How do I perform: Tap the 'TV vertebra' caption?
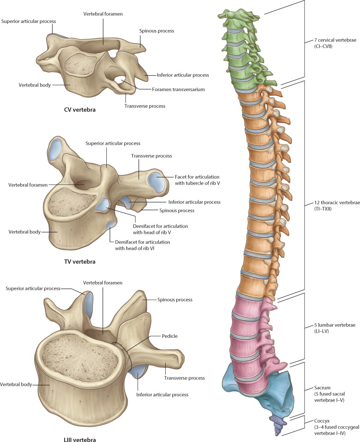coord(80,262)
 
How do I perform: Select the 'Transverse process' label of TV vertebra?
coord(152,156)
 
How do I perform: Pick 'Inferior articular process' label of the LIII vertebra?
coord(163,395)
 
